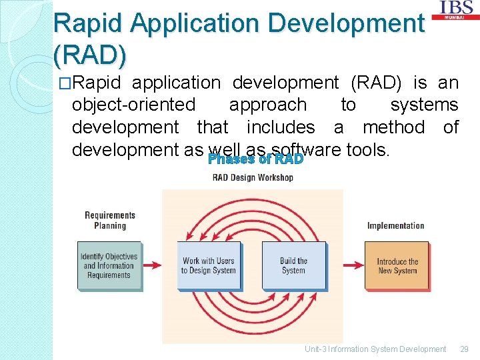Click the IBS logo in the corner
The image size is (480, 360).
[x=457, y=10]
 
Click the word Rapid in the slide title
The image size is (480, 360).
[x=89, y=23]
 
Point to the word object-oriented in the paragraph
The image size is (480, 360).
[x=133, y=105]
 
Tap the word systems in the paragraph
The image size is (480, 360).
[x=424, y=105]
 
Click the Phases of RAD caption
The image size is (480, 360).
[x=255, y=159]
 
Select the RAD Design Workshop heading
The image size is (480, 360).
[x=253, y=177]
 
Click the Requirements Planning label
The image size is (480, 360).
[x=110, y=220]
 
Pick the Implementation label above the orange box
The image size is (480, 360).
[x=395, y=225]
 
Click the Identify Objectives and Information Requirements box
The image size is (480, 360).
[x=109, y=265]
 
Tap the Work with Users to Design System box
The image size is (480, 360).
[x=209, y=265]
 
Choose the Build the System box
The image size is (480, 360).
[x=293, y=265]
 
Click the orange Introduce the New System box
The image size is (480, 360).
[x=397, y=266]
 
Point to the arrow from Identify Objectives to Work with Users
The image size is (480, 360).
[x=153, y=265]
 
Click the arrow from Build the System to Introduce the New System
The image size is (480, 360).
[x=346, y=265]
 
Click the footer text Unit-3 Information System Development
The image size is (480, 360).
[x=375, y=349]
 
